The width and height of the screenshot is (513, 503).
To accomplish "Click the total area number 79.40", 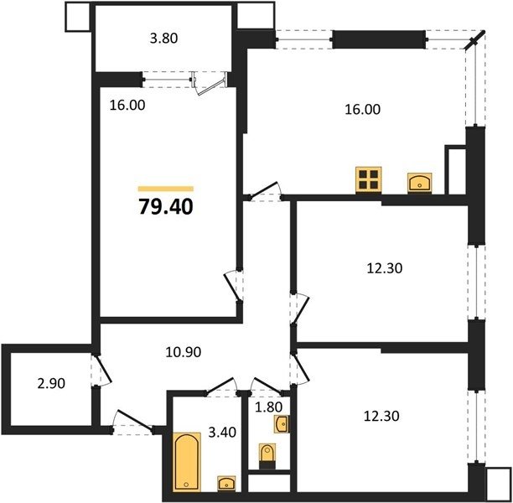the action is (166, 207).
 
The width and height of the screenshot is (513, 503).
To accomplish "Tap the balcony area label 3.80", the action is (164, 39).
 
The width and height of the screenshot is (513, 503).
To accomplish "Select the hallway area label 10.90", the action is (184, 352).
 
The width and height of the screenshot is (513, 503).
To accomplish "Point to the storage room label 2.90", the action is (51, 383).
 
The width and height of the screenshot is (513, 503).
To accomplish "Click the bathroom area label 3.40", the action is (222, 433).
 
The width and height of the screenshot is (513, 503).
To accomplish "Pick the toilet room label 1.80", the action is (268, 407).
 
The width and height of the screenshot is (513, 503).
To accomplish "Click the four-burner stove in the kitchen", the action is (369, 180).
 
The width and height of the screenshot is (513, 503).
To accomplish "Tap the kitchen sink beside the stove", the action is (420, 184).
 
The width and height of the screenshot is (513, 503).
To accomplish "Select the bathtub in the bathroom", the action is (186, 462).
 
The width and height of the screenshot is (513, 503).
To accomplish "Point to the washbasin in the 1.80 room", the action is (282, 424).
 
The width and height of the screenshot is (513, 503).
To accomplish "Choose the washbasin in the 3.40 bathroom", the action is (226, 484).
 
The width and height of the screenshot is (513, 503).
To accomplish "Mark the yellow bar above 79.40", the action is (166, 189).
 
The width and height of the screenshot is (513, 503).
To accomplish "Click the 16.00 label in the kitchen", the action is (362, 109).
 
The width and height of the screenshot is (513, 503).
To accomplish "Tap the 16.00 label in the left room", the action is (127, 106).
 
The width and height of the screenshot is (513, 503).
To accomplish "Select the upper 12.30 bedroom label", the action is (385, 268).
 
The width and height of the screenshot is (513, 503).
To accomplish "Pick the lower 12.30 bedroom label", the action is (381, 417).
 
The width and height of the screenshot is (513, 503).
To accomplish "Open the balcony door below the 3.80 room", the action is (210, 84).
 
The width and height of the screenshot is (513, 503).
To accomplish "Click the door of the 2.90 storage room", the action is (103, 371).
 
